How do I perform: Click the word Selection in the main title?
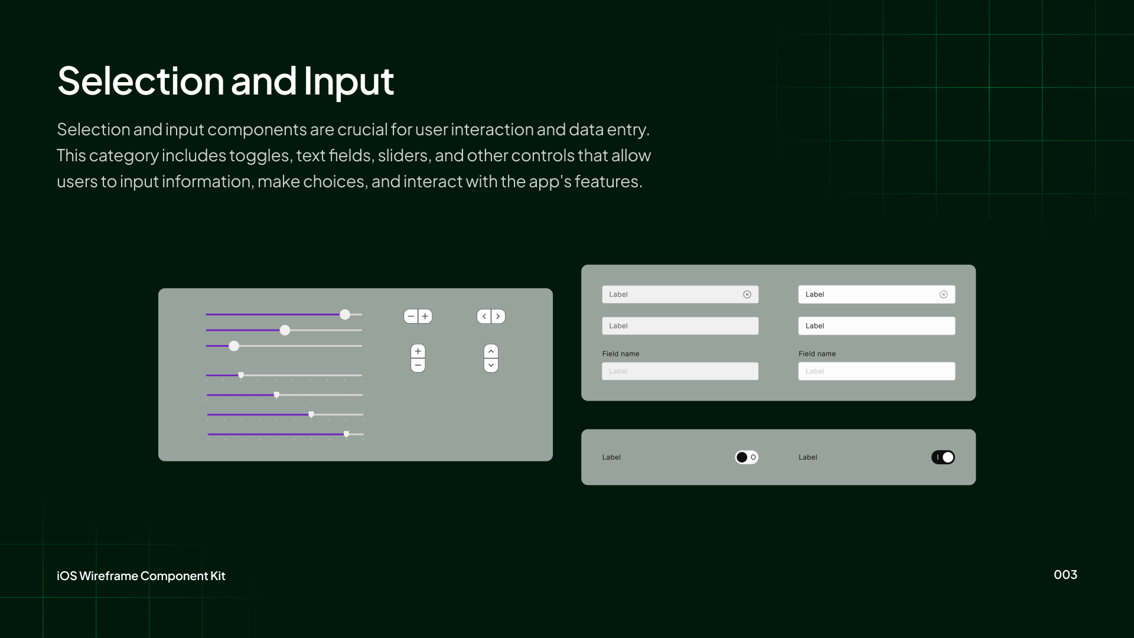coord(141,81)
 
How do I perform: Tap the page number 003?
coord(1065,575)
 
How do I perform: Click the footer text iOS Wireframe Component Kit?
coord(141,576)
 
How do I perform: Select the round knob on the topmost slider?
coord(345,314)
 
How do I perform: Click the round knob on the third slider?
coord(234,346)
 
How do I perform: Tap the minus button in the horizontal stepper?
coord(411,316)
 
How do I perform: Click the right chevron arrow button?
coord(498,316)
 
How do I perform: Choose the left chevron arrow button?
coord(484,316)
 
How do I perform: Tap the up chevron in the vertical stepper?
coord(491,351)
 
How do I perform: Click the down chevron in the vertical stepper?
coord(491,365)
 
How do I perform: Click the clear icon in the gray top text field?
coord(747,294)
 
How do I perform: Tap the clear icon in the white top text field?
coord(943,294)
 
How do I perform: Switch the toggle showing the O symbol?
coord(747,457)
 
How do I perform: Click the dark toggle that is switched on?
coord(943,457)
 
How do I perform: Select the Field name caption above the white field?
coord(817,354)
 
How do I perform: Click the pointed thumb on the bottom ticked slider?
coord(346,434)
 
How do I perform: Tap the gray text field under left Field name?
coord(680,371)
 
